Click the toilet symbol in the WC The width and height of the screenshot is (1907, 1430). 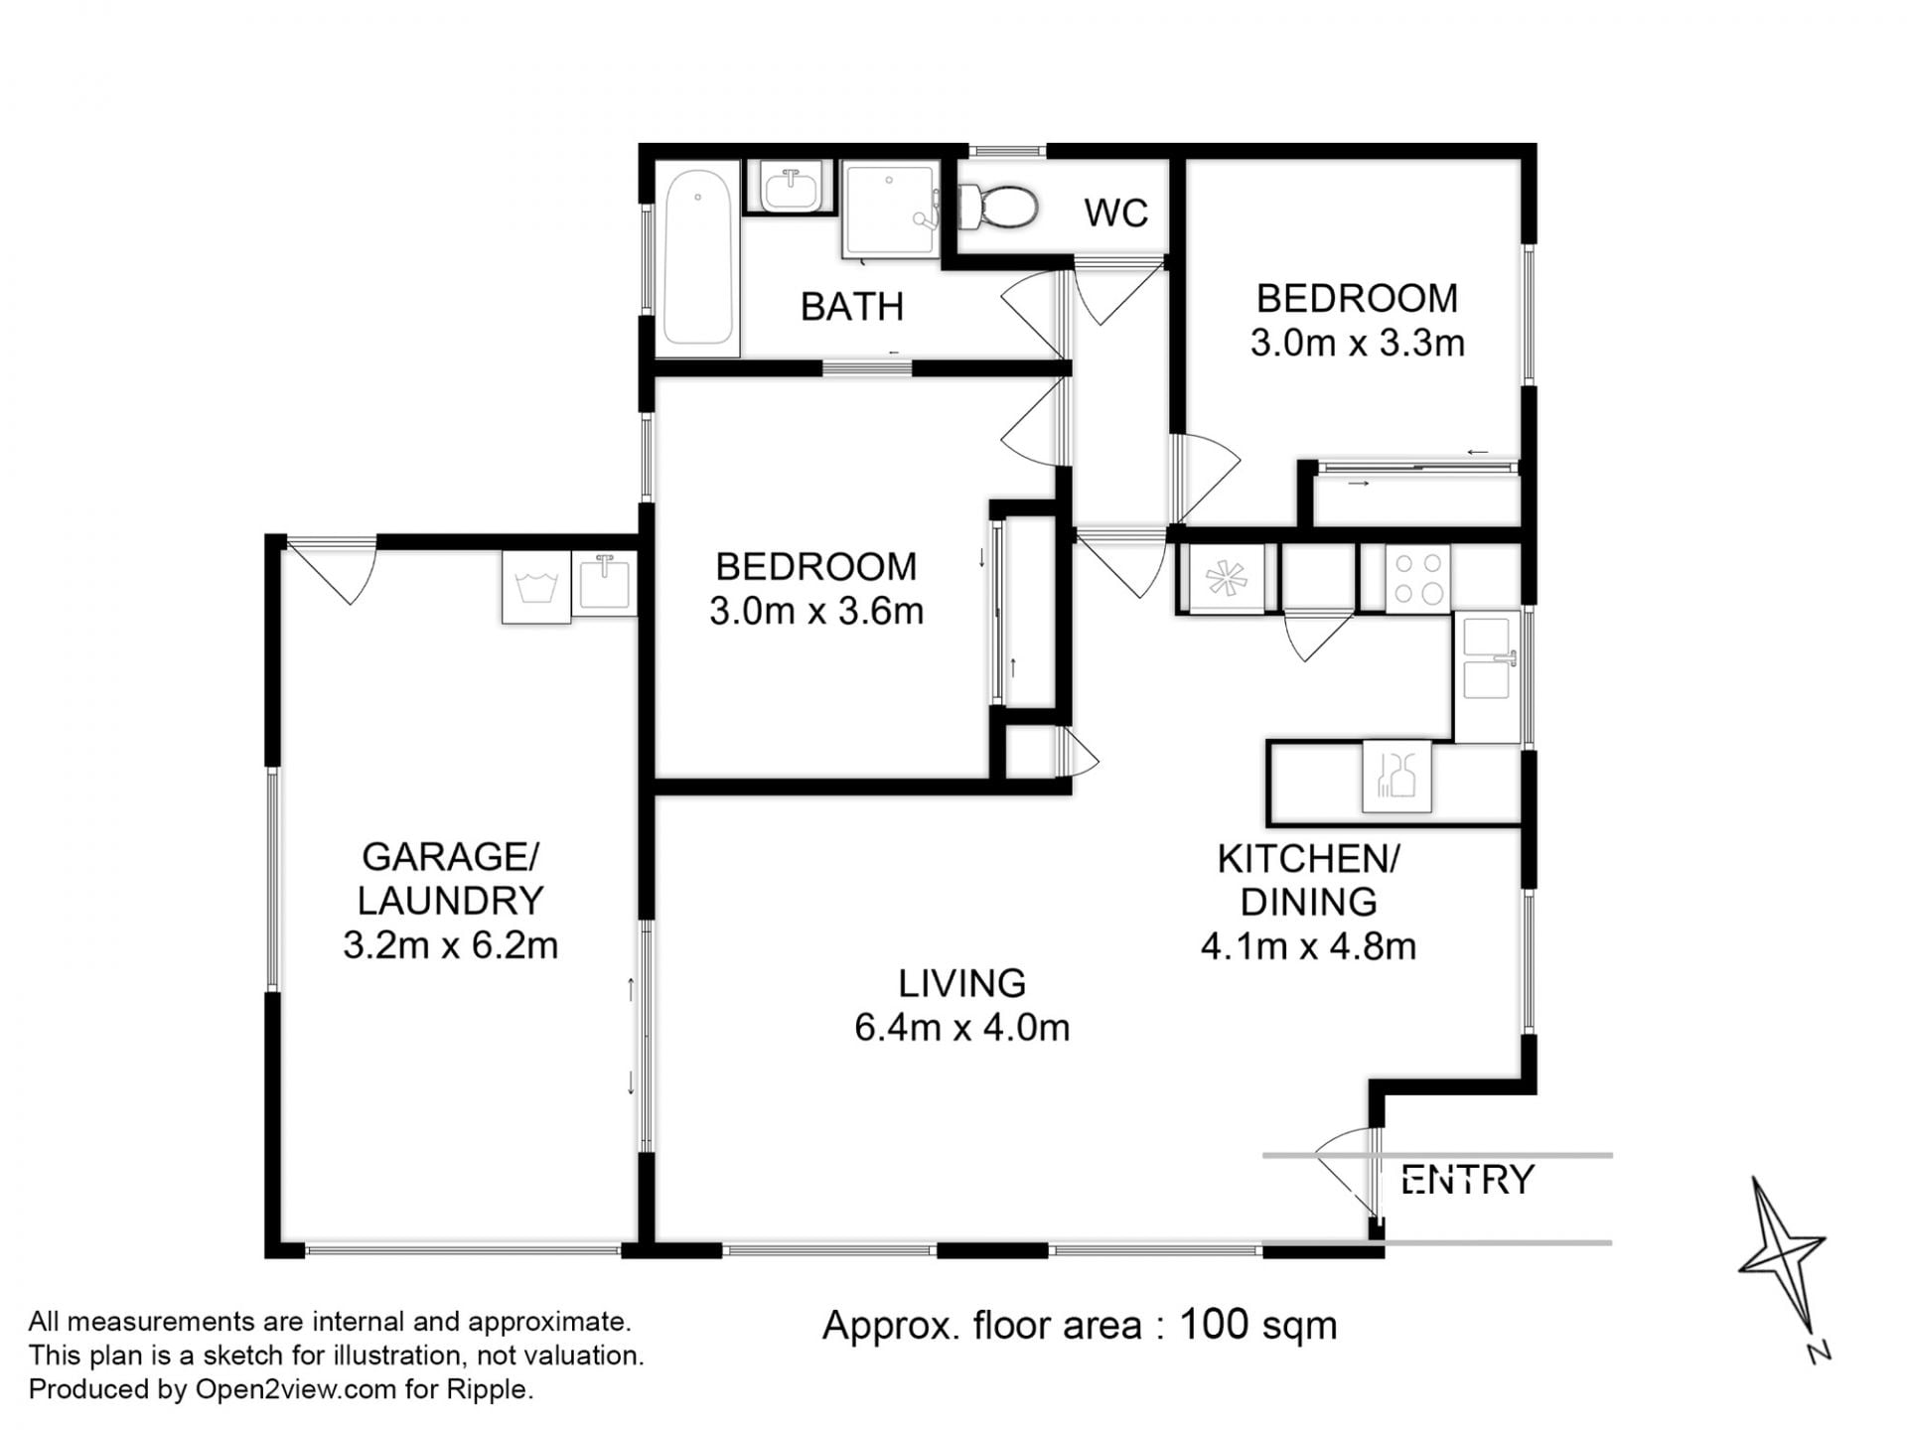997,207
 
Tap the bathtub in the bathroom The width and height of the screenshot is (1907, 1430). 698,257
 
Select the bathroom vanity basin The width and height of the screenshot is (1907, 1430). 791,188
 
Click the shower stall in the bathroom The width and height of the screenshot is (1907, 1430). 891,210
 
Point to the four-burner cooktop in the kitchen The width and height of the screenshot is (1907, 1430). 1418,579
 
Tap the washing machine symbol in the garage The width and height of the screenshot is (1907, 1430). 536,587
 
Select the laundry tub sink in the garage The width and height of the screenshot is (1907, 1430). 604,583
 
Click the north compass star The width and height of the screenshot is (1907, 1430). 1782,1256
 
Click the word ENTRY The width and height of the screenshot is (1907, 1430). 1467,1180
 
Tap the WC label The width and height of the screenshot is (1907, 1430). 1116,213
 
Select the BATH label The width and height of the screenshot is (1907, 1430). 852,307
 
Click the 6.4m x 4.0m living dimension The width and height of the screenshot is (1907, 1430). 962,1027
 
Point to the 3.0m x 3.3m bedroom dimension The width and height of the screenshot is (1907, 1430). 1358,343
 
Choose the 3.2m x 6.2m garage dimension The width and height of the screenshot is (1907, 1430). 451,944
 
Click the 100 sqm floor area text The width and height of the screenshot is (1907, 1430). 1258,1325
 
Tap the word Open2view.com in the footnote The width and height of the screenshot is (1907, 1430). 296,1389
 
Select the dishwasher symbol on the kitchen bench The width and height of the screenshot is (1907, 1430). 1396,777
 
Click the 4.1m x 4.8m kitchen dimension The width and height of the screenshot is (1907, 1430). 1308,946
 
